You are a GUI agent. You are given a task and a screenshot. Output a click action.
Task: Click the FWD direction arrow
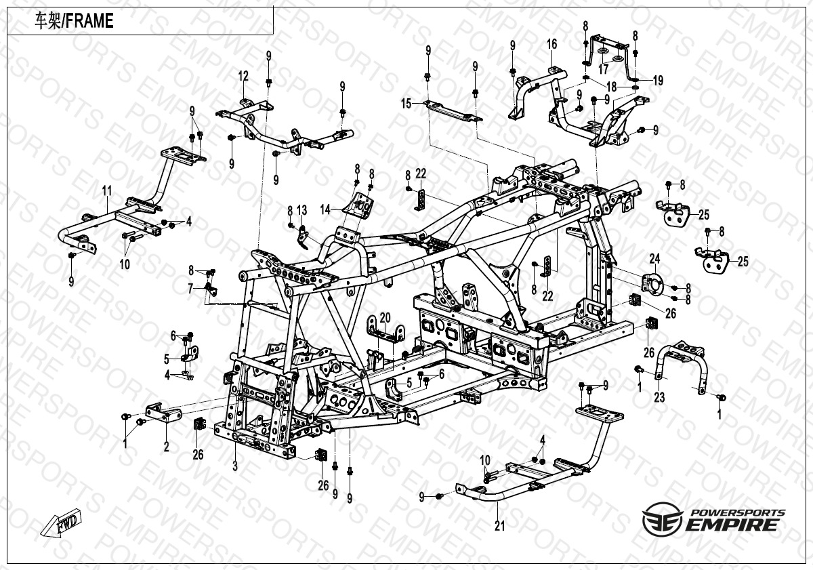(59, 525)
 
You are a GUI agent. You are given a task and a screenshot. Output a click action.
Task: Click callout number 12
(243, 76)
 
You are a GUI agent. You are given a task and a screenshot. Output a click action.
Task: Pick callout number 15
(406, 104)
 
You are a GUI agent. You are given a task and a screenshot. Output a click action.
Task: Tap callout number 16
(552, 44)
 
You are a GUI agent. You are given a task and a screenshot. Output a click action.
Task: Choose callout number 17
(603, 68)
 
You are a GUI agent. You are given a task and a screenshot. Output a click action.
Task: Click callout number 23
(659, 399)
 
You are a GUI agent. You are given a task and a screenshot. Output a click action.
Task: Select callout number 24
(654, 258)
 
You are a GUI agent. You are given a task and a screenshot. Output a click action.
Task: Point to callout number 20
(385, 317)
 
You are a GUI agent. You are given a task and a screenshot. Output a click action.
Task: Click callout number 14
(327, 210)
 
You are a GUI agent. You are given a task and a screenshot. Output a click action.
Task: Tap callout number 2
(167, 447)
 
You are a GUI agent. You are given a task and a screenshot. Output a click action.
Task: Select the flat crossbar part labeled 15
(451, 112)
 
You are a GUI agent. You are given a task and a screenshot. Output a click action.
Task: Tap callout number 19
(657, 81)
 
